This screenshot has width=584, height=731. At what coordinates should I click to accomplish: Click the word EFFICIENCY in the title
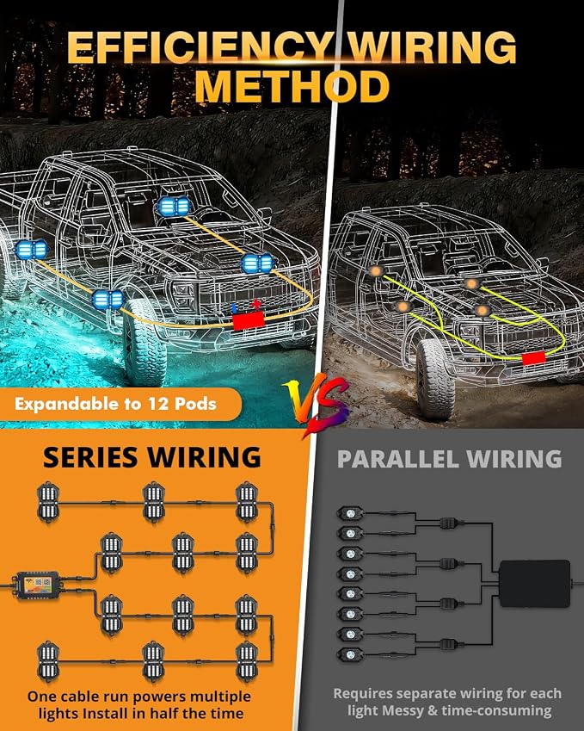(200, 46)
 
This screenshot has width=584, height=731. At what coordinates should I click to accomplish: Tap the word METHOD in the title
(292, 87)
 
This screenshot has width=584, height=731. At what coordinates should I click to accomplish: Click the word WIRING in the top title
(433, 46)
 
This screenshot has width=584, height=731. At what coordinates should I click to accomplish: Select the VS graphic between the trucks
(317, 402)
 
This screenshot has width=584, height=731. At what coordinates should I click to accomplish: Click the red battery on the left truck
(249, 321)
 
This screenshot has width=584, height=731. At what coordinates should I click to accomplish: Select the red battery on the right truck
(534, 358)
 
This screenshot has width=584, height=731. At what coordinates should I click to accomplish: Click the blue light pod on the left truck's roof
(175, 206)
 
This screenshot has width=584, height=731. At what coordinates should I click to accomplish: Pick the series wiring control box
(38, 585)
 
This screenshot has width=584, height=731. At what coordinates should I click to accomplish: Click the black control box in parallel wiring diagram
(535, 584)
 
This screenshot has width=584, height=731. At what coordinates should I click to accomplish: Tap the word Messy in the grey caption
(404, 711)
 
